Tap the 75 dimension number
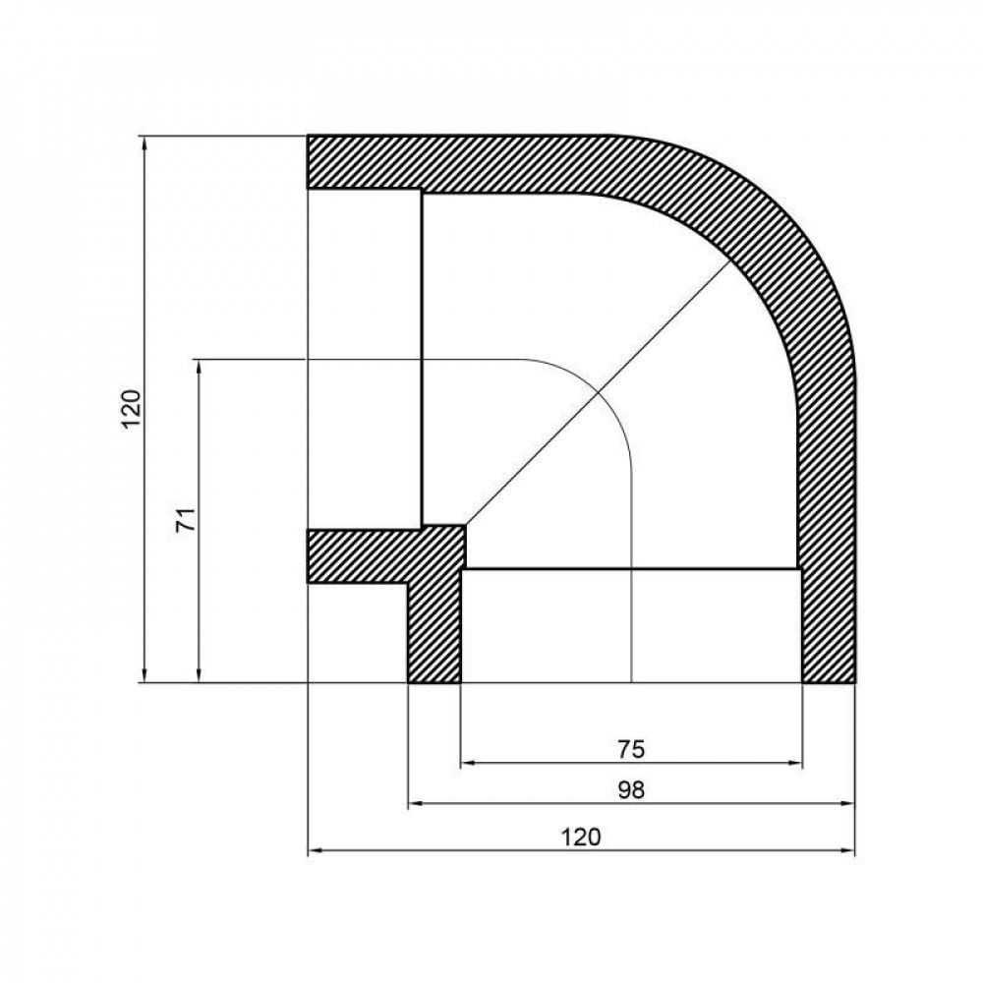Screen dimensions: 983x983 [631, 749]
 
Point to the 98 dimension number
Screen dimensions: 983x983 [631, 790]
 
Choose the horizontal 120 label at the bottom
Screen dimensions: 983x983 [581, 837]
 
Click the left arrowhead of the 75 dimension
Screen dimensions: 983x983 [467, 763]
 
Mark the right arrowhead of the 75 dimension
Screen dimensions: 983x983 [797, 763]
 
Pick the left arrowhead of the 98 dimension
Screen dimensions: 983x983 [414, 804]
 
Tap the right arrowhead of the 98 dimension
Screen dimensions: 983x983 [849, 804]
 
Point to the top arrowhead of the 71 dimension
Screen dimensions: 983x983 [199, 366]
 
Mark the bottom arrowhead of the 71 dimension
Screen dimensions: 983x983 [199, 675]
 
